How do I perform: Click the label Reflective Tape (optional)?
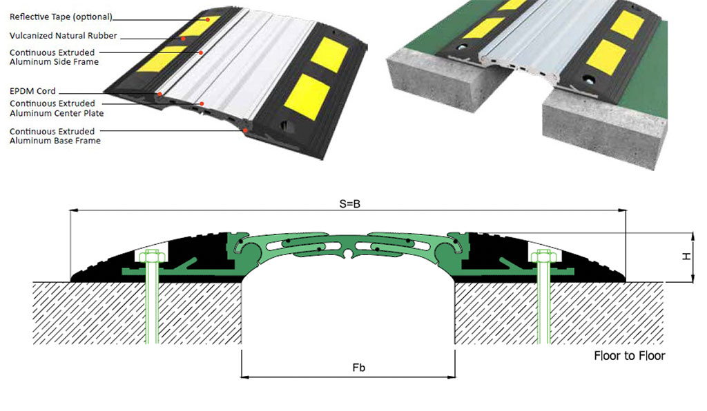click(61, 17)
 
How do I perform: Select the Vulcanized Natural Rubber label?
click(63, 36)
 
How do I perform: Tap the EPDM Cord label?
click(32, 91)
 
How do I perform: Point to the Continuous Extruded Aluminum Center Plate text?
click(57, 108)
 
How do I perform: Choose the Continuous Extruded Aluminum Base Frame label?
click(55, 136)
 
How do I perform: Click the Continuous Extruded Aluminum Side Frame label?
click(54, 57)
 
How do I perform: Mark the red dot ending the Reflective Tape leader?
click(208, 20)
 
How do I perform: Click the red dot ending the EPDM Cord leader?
click(159, 94)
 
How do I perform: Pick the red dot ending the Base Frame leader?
click(245, 130)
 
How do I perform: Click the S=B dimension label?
click(350, 204)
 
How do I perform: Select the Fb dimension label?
click(359, 368)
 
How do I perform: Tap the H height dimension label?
click(687, 256)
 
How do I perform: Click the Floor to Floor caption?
click(630, 356)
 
